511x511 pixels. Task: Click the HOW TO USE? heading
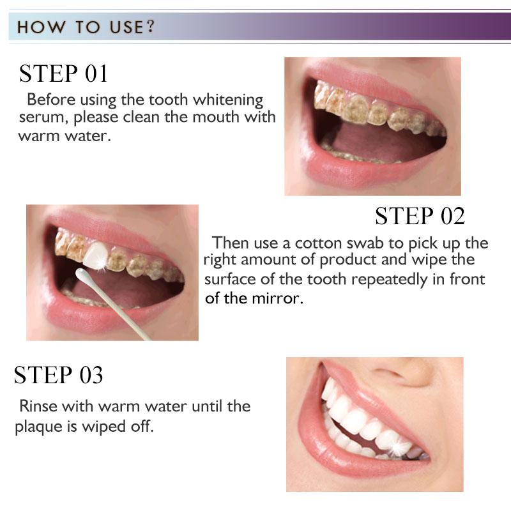pos(86,28)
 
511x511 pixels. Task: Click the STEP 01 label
pos(63,73)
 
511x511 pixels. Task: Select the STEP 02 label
pos(420,216)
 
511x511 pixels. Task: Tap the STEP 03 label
pos(58,375)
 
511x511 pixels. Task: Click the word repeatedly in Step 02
pos(406,279)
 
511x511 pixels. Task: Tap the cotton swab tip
pos(82,275)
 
